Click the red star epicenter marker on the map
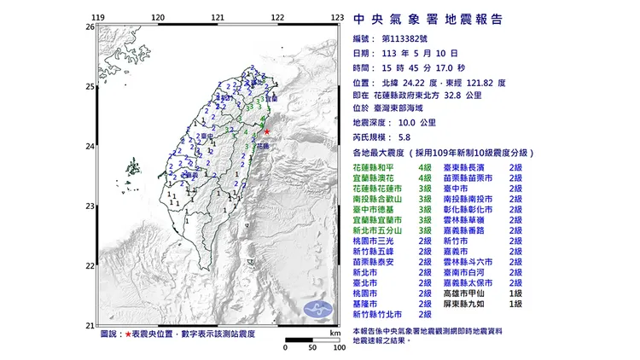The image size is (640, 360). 267,132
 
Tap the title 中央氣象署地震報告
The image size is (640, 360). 428,19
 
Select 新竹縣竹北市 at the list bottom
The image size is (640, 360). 381,316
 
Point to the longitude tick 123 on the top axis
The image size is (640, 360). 339,17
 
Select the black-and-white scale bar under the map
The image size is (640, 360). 312,340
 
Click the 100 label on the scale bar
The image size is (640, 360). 339,348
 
